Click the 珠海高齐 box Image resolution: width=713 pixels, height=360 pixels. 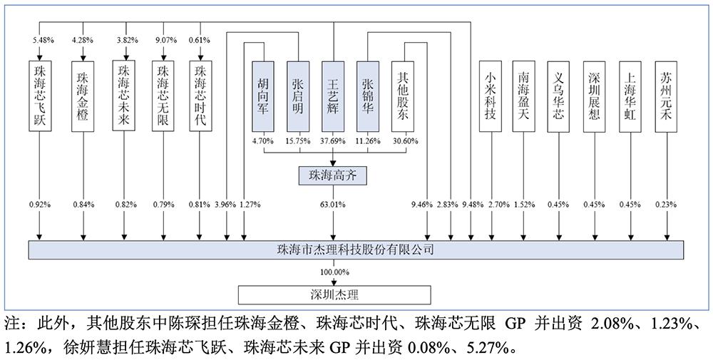(x=332, y=175)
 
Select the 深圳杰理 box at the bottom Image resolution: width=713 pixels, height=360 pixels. (x=334, y=295)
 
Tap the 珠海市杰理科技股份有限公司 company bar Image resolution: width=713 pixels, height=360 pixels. (x=356, y=250)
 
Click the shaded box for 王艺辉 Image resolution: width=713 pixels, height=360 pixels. (x=333, y=96)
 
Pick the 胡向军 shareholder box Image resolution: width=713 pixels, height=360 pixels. (x=264, y=96)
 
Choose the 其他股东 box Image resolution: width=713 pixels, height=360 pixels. (x=403, y=96)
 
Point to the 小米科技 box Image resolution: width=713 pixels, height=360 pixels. (x=491, y=96)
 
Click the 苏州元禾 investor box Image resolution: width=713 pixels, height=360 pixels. (x=666, y=96)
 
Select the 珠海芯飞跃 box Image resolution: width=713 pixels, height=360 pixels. (x=39, y=96)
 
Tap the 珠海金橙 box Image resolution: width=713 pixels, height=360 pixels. (x=83, y=96)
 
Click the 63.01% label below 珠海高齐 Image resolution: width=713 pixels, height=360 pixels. (x=334, y=205)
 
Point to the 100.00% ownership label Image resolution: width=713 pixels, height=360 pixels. (x=334, y=272)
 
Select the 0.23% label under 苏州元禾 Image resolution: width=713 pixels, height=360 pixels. (x=666, y=205)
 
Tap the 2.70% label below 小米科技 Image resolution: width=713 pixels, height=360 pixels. (x=499, y=205)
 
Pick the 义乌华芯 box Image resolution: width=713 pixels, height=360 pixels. (x=559, y=96)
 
